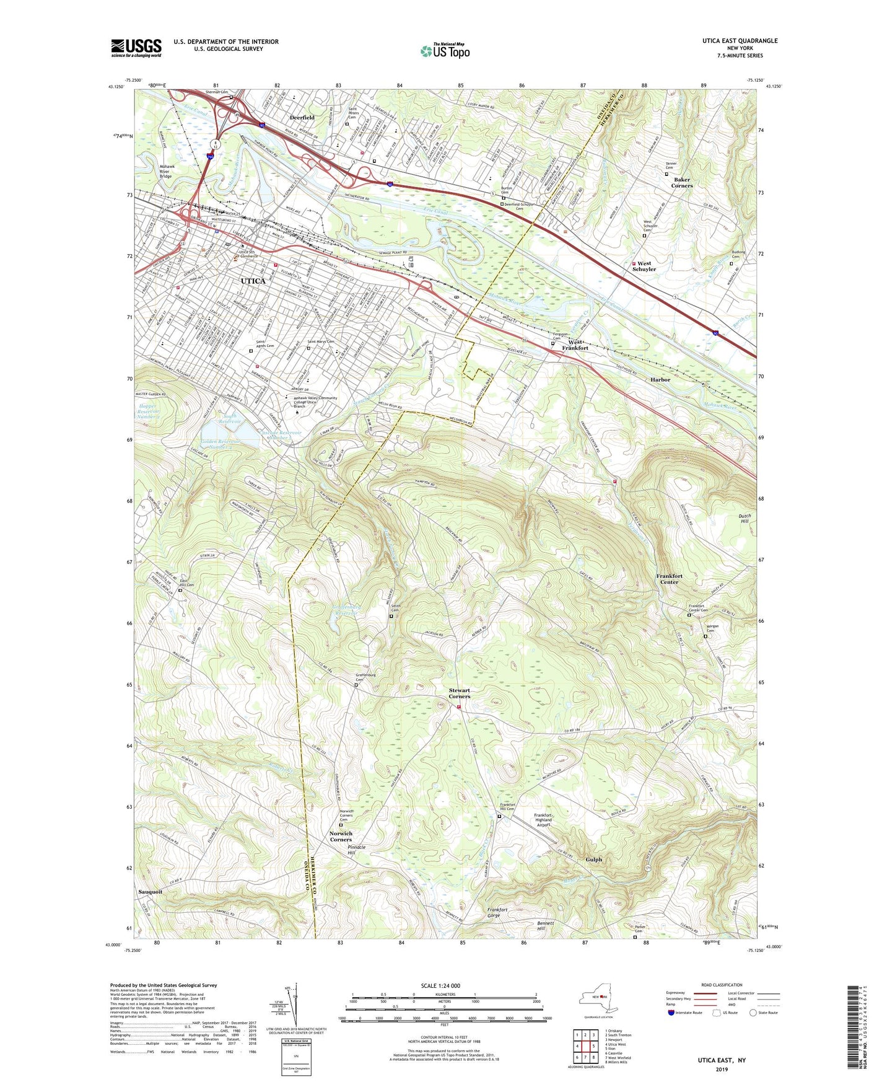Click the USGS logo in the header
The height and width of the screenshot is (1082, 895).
[x=136, y=48]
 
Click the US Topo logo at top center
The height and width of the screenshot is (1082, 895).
[x=445, y=51]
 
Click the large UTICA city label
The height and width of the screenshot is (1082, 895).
[x=253, y=281]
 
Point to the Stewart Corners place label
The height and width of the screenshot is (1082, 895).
[x=460, y=693]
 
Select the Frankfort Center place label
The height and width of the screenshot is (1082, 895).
[x=669, y=579]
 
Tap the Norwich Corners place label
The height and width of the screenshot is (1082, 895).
[x=341, y=836]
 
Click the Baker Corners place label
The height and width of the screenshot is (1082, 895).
[x=682, y=182]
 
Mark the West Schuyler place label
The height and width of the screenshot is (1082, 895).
[x=644, y=266]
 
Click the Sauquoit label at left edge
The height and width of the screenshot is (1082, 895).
[x=150, y=892]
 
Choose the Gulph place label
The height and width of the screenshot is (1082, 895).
[x=593, y=860]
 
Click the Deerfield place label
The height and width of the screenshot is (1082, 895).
[x=302, y=117]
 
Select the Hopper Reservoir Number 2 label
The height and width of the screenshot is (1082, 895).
[x=149, y=411]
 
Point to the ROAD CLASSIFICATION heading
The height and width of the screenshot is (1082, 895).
[x=721, y=985]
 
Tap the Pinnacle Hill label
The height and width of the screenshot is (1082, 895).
[x=356, y=850]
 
